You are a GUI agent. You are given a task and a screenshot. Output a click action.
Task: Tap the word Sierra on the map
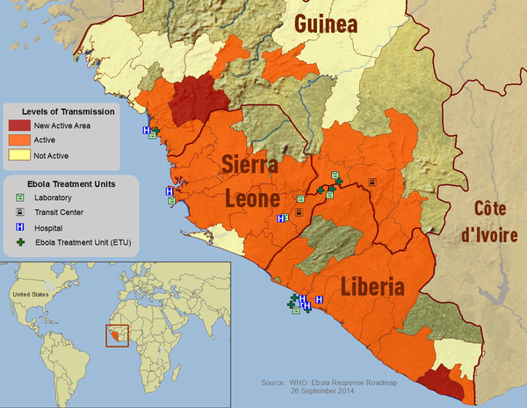[x=250, y=164]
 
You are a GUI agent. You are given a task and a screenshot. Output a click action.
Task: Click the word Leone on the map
[x=252, y=198]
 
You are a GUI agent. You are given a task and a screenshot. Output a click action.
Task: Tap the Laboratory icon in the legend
[x=18, y=197]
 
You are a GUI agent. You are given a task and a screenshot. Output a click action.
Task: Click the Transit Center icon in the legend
[x=18, y=212]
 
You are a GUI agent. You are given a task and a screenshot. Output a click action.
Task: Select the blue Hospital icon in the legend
[x=18, y=227]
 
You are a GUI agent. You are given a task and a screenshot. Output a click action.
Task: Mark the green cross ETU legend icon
[x=18, y=242]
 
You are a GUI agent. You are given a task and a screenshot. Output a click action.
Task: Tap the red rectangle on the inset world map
[x=116, y=335]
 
